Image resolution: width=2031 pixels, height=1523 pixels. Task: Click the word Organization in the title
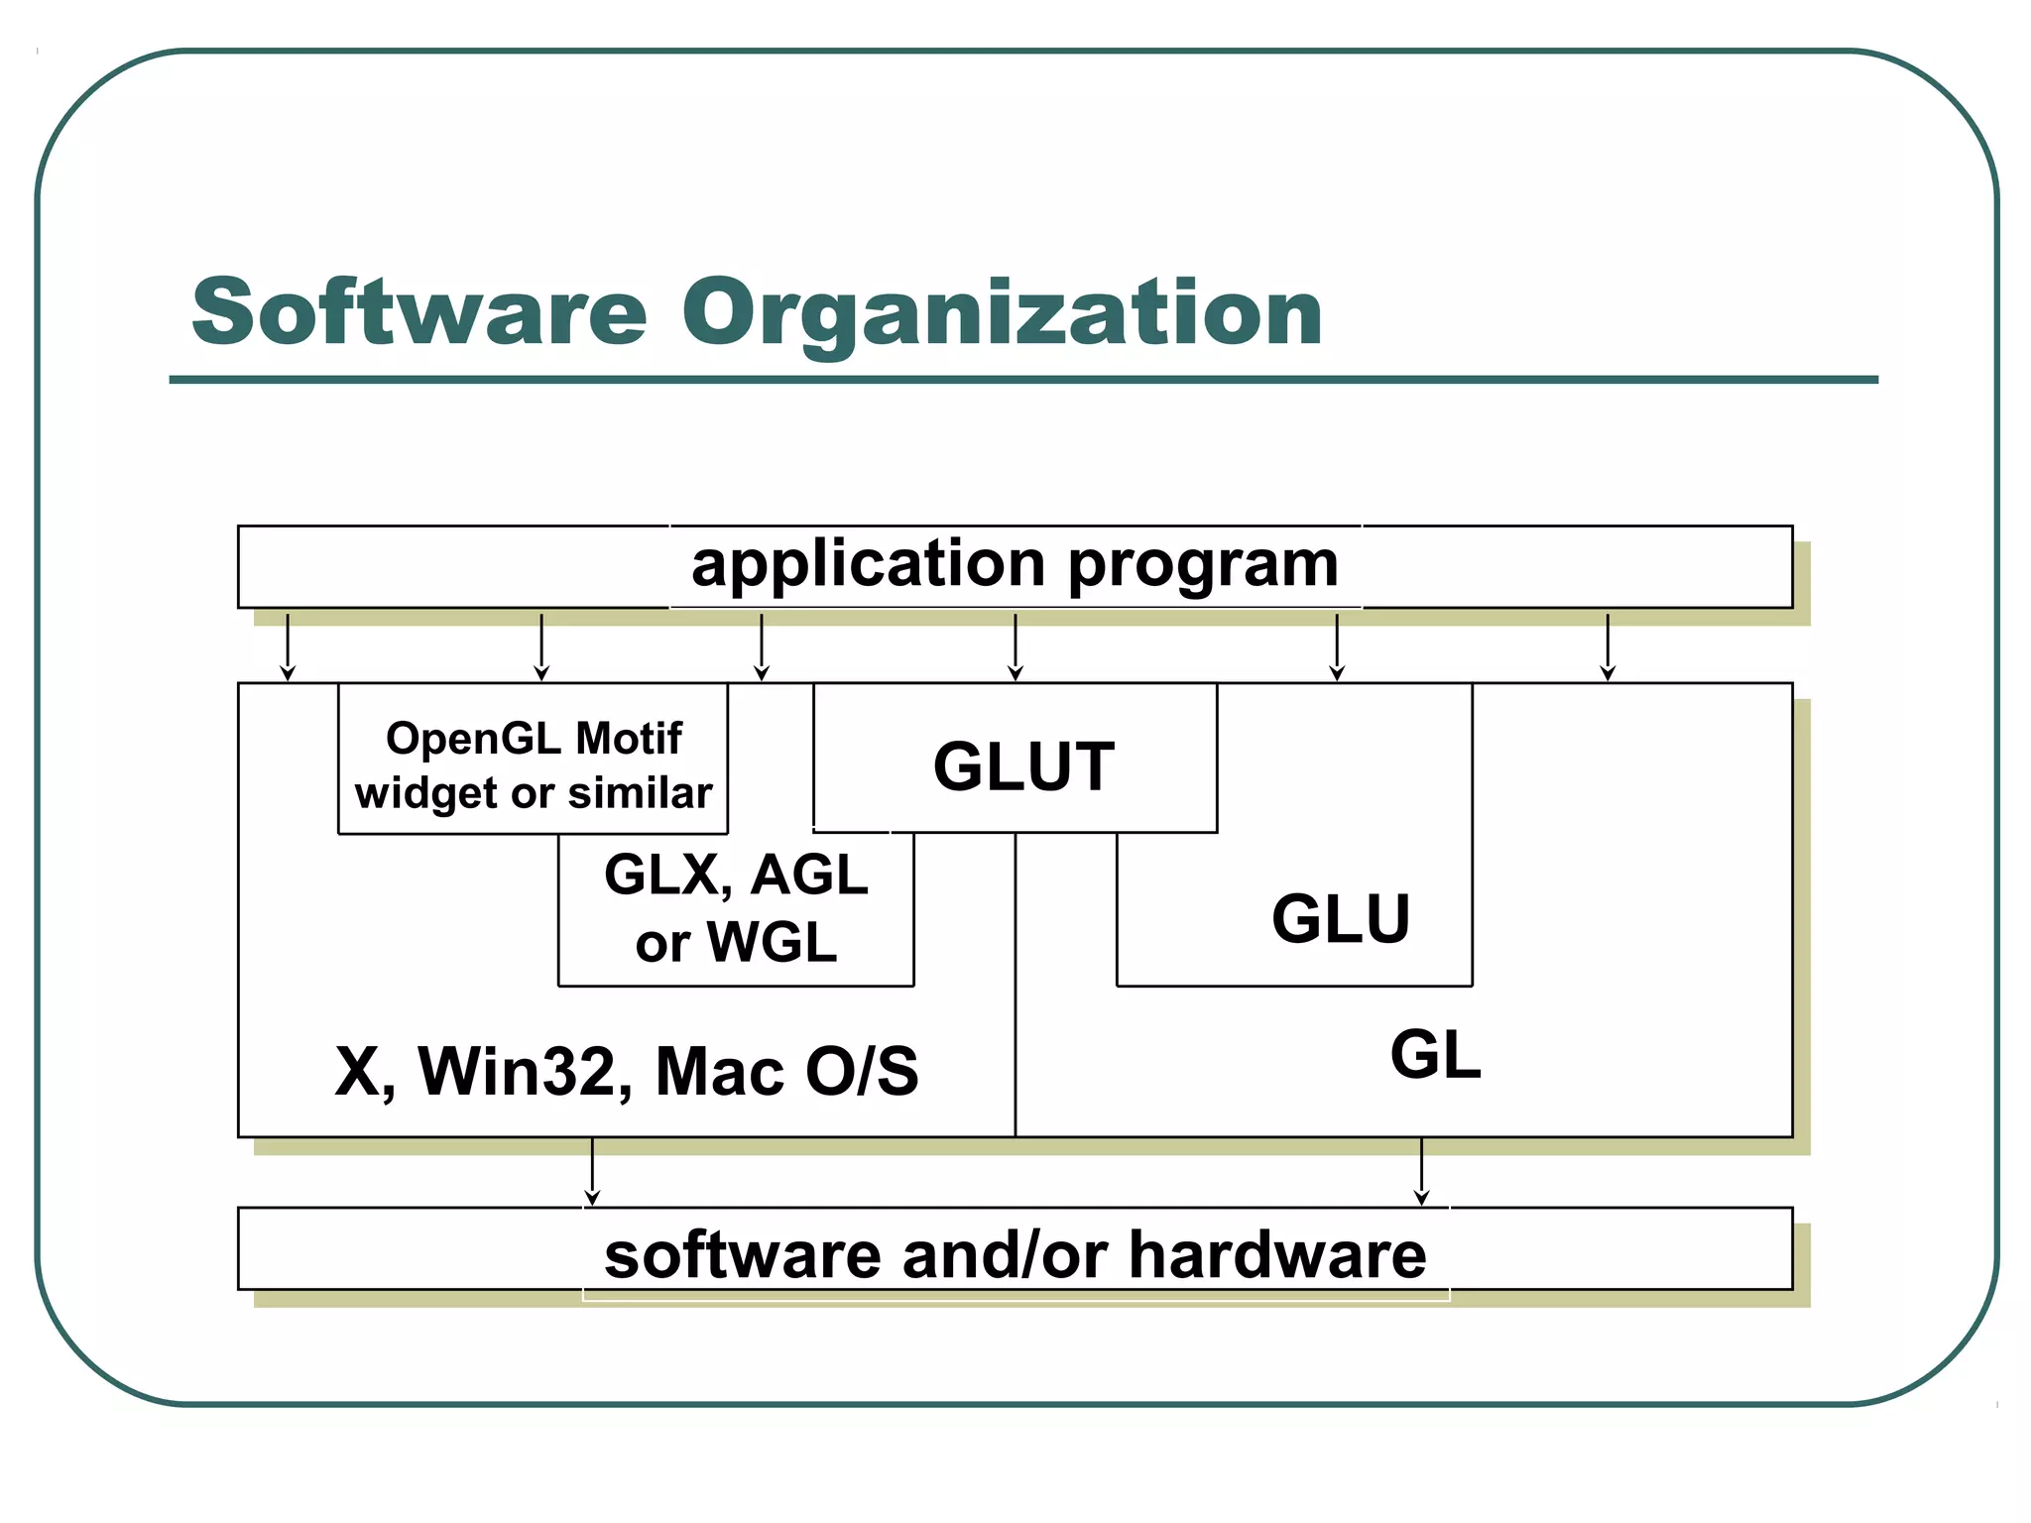1002,313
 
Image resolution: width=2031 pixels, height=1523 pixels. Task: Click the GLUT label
1023,766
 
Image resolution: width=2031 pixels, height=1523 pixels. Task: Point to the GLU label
1341,919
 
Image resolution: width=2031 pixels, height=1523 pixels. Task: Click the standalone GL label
1435,1055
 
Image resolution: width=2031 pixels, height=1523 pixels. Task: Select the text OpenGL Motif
534,739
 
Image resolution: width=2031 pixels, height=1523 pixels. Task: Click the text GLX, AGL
736,875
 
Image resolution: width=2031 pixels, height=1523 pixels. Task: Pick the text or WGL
736,942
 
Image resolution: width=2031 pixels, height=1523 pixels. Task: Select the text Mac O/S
786,1072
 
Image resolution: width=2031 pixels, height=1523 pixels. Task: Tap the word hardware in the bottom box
1277,1255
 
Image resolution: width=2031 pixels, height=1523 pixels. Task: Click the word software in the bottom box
742,1255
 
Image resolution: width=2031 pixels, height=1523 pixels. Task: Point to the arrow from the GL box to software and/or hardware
1422,1172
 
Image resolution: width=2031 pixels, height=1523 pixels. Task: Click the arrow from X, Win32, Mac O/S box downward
592,1172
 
